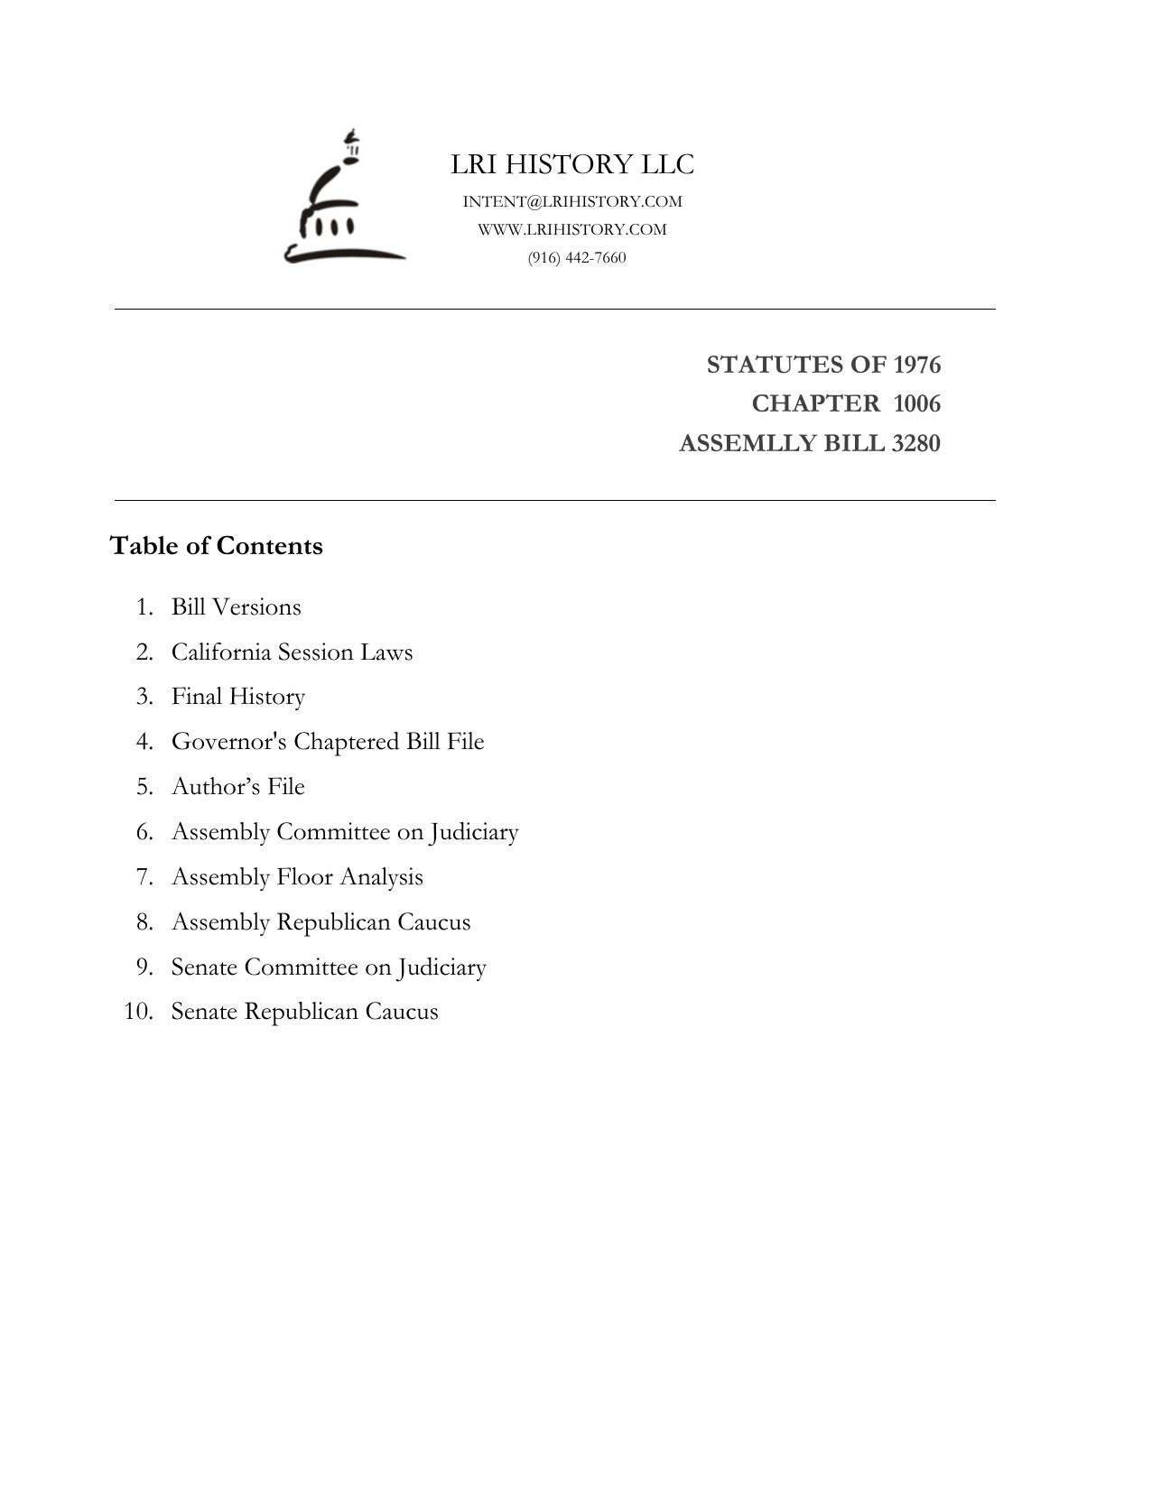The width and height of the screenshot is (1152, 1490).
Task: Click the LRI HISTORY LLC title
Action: pyautogui.click(x=572, y=164)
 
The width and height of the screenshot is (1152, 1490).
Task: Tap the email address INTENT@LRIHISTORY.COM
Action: pyautogui.click(x=572, y=201)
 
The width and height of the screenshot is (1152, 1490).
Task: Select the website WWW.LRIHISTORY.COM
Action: pyautogui.click(x=572, y=229)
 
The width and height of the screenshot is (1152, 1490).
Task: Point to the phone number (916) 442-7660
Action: pyautogui.click(x=577, y=258)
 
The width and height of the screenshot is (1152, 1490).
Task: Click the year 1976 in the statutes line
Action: pyautogui.click(x=916, y=365)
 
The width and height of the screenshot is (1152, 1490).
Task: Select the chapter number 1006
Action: pyautogui.click(x=916, y=403)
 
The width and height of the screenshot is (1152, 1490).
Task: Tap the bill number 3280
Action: pyautogui.click(x=915, y=443)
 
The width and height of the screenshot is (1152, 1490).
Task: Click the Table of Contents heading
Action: pyautogui.click(x=216, y=546)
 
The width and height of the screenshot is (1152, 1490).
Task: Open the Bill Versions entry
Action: pyautogui.click(x=237, y=606)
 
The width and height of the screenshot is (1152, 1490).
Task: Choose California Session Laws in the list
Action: pyautogui.click(x=292, y=652)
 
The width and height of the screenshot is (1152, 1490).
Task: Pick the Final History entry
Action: pyautogui.click(x=238, y=697)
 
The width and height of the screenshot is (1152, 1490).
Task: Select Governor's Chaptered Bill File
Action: pyautogui.click(x=328, y=742)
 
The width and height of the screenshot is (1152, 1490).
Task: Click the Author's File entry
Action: pyautogui.click(x=238, y=786)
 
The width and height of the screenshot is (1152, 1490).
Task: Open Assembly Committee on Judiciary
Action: pyautogui.click(x=345, y=831)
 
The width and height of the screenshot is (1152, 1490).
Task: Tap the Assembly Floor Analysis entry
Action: pyautogui.click(x=297, y=876)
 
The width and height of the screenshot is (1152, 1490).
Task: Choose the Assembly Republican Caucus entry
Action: pyautogui.click(x=321, y=921)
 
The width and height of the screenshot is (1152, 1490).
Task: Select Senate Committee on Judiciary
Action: pyautogui.click(x=329, y=967)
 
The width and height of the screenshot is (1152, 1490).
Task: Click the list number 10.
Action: pyautogui.click(x=138, y=1011)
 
